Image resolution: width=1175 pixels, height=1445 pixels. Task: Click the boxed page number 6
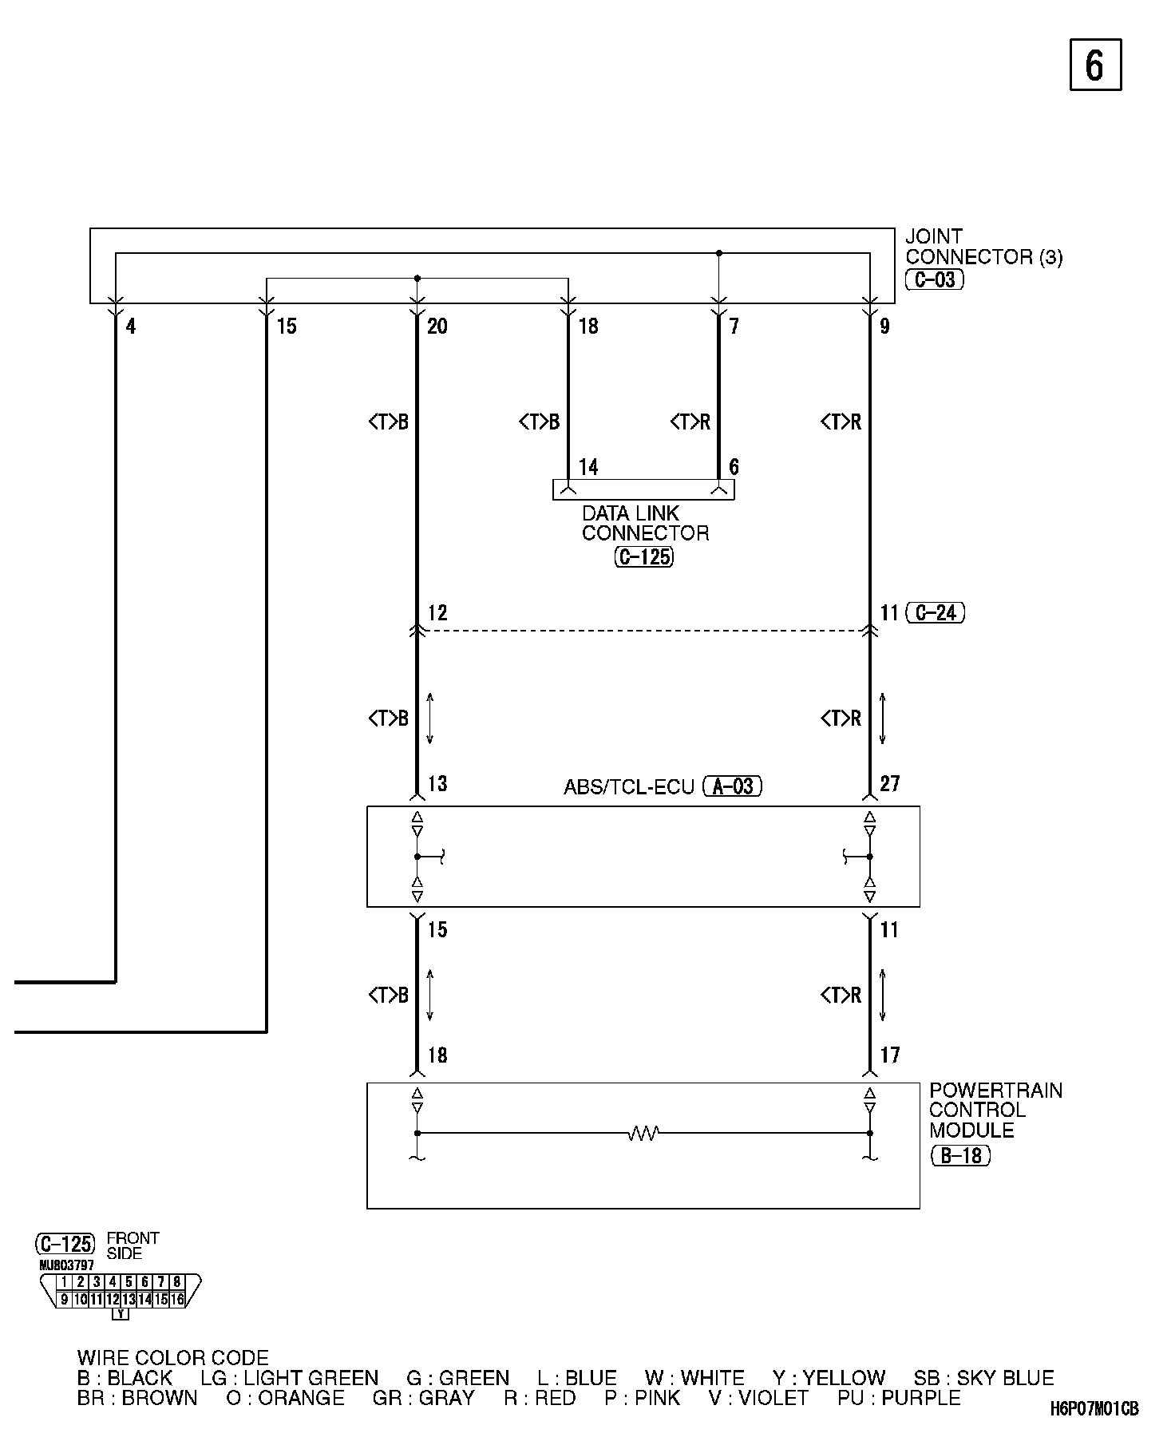coord(1095,65)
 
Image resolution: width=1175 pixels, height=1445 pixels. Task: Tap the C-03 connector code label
coord(935,279)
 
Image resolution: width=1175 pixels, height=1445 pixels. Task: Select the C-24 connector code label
coord(936,613)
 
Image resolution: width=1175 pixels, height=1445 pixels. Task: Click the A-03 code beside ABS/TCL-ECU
coord(733,786)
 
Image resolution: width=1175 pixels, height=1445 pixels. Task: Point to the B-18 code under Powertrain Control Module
coord(960,1155)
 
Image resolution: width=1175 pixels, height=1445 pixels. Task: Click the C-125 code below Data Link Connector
coord(644,556)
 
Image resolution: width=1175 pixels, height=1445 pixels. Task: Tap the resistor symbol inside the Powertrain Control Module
coord(643,1133)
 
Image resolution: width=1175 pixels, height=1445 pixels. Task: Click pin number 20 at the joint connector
coord(437,326)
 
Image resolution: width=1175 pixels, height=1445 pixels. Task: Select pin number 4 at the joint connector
coord(131,326)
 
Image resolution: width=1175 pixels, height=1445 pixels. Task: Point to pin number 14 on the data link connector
coord(588,467)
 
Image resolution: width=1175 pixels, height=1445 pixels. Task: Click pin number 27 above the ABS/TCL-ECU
coord(890,784)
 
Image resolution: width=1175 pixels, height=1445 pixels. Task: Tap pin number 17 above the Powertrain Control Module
coord(890,1055)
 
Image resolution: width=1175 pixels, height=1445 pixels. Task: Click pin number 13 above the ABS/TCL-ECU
coord(437,784)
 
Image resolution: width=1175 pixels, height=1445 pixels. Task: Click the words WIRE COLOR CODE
coord(172,1358)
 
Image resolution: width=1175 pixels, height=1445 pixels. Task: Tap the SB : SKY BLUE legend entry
coord(983,1379)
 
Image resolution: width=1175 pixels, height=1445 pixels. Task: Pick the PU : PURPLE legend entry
coord(899,1399)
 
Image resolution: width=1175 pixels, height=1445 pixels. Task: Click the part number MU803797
coord(66,1265)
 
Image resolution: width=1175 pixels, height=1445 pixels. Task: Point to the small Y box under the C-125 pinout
coord(121,1313)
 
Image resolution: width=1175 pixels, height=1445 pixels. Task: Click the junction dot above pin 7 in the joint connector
coord(718,253)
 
